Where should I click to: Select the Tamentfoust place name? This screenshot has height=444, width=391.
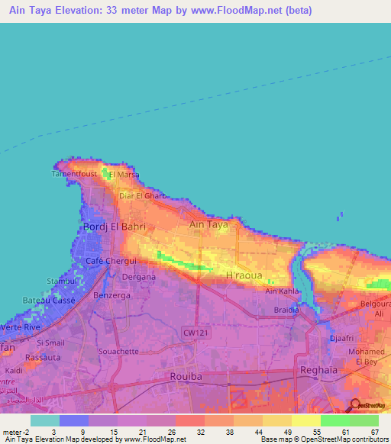[74, 174]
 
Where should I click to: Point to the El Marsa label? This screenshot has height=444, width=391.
[123, 174]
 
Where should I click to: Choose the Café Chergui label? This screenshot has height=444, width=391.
[105, 261]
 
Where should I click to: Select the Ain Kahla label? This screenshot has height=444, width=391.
[282, 291]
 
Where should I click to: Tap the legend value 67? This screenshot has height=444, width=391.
[373, 432]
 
